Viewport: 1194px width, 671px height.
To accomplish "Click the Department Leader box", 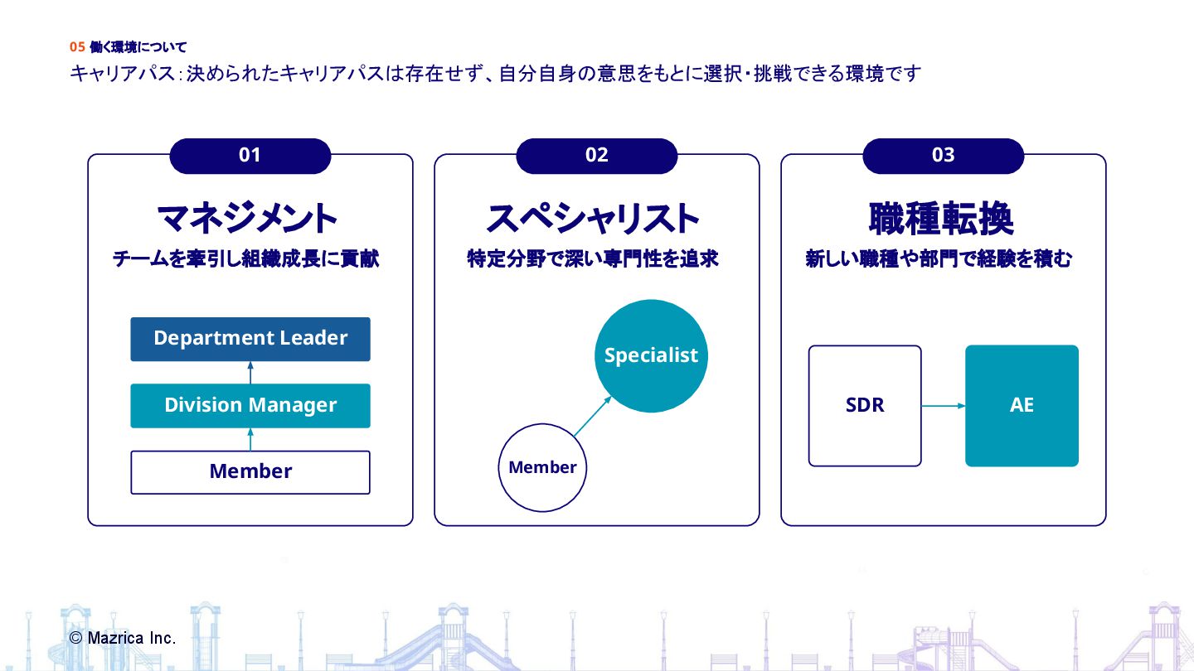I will [250, 339].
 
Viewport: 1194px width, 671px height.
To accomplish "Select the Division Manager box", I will [250, 405].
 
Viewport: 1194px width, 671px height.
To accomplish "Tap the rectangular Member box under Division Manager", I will [250, 472].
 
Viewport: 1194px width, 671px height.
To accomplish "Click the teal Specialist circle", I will [651, 355].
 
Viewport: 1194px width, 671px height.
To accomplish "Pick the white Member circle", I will [542, 467].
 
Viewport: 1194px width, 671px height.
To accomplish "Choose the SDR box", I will [865, 406].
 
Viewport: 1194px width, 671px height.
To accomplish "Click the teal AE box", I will [1022, 406].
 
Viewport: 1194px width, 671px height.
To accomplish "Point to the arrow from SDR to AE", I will [944, 406].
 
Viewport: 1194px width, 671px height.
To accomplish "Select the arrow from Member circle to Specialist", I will [592, 416].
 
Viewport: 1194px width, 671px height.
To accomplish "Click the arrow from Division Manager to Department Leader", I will [250, 373].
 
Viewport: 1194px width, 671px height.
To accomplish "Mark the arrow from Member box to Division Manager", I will [250, 440].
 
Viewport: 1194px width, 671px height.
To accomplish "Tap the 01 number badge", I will [250, 156].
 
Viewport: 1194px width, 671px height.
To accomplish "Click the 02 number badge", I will [597, 156].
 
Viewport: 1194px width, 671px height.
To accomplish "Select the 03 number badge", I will [944, 156].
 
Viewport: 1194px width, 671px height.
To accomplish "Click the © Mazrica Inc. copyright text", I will [123, 638].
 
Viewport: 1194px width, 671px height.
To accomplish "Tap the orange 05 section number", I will [77, 47].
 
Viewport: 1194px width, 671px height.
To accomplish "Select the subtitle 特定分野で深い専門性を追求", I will [593, 259].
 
